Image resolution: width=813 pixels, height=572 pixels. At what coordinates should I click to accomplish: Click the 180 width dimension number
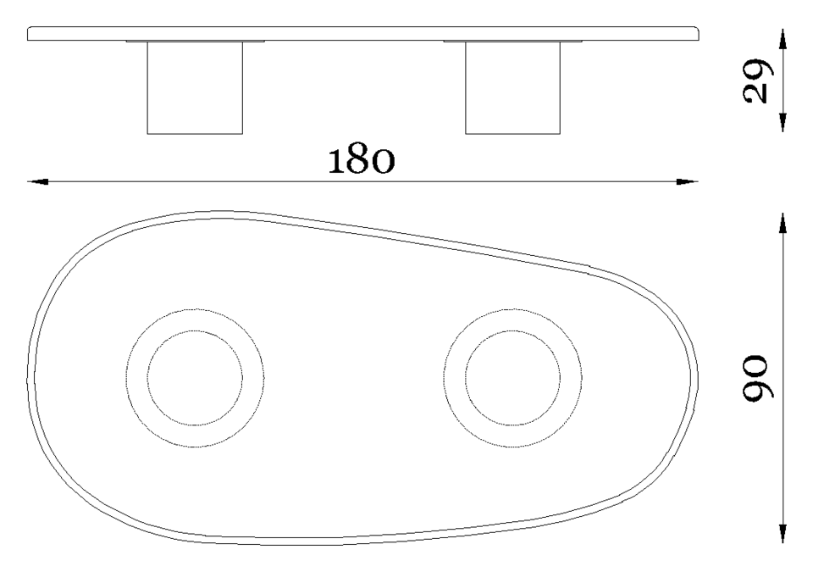point(361,160)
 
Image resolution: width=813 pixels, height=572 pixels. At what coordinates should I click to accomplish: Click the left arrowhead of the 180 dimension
point(38,181)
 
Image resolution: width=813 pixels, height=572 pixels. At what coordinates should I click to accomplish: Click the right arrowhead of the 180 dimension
point(688,181)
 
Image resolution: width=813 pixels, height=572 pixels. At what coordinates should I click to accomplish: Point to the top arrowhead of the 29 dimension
point(783,40)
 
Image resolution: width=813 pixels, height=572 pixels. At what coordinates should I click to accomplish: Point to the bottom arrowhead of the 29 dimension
point(783,121)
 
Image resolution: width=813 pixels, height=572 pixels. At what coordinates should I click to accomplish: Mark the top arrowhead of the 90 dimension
point(783,223)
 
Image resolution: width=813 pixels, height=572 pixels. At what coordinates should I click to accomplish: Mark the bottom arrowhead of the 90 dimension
point(783,532)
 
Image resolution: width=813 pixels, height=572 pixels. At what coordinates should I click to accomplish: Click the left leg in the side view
point(195,88)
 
